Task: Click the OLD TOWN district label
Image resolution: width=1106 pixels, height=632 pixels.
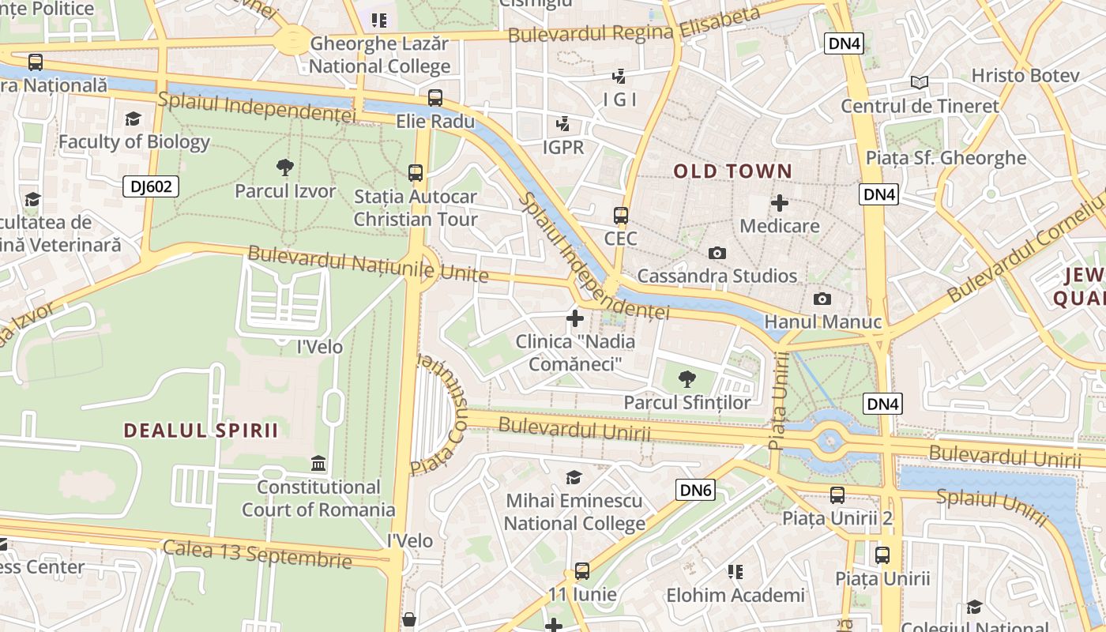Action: (732, 171)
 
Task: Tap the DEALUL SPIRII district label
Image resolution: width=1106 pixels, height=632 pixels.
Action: (201, 431)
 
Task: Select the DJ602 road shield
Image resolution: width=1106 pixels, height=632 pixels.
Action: (151, 186)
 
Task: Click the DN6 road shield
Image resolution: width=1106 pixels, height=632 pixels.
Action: (696, 491)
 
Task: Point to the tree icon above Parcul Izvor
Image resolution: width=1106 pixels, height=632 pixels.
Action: (285, 167)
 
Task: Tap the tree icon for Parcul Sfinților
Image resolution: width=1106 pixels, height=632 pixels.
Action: (687, 378)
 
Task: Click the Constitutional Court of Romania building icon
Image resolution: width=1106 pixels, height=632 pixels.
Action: (318, 463)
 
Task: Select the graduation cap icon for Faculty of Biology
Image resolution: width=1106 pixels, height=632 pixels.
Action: (133, 118)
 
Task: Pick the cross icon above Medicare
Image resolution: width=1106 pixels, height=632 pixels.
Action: (780, 203)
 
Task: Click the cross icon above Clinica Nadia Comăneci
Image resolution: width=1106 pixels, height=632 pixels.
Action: (575, 318)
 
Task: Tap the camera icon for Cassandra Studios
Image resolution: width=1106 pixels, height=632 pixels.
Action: (717, 253)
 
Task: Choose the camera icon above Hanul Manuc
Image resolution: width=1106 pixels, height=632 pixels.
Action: (822, 299)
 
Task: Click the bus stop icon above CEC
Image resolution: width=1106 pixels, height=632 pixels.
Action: (621, 215)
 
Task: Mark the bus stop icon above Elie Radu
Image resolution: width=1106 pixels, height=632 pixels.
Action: (435, 98)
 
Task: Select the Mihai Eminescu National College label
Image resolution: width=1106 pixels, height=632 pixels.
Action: (574, 512)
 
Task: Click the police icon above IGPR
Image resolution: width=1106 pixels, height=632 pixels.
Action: (562, 124)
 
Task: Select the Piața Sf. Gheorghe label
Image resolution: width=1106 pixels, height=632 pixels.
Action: (946, 157)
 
